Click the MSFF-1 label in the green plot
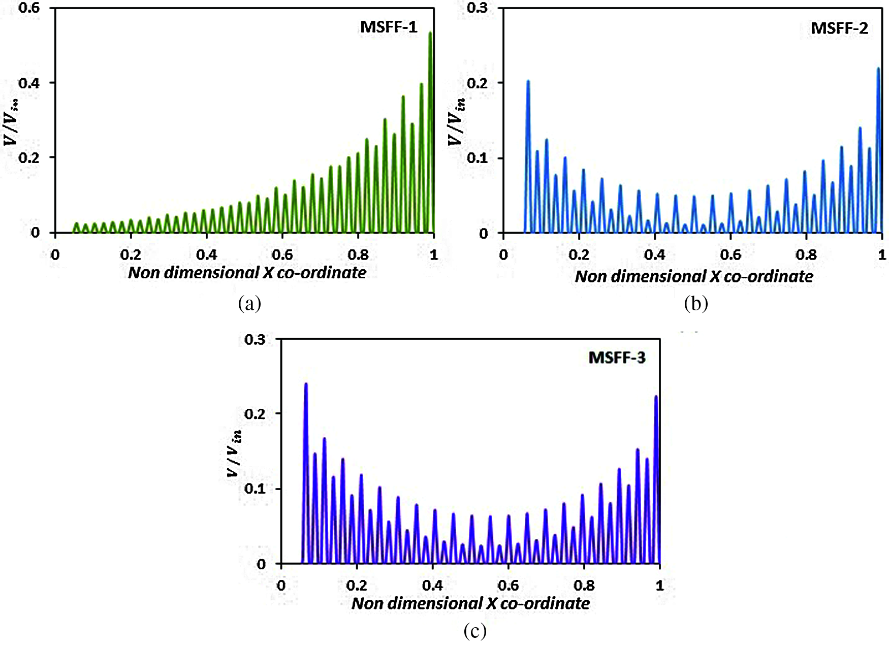(389, 27)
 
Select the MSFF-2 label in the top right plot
(839, 28)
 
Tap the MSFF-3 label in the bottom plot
(617, 358)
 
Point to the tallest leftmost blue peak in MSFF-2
(528, 82)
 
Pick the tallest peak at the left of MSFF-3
(306, 384)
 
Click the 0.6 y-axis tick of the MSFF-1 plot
(29, 8)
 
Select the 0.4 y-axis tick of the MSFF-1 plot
(29, 83)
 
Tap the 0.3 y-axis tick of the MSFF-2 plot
(477, 8)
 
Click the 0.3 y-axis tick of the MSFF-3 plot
(255, 339)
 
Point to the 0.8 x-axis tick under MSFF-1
(358, 254)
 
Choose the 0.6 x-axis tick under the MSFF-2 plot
(731, 254)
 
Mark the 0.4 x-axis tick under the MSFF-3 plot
(432, 586)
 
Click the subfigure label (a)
(249, 304)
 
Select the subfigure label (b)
(695, 304)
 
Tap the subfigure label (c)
(475, 631)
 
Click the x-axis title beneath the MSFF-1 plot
(247, 273)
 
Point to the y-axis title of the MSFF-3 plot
(234, 452)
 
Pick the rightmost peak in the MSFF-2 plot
(879, 69)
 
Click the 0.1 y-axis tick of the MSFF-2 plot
(477, 158)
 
